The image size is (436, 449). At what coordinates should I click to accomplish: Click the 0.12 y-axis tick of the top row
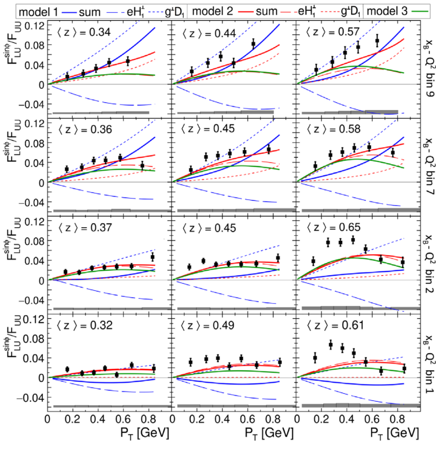click(x=35, y=25)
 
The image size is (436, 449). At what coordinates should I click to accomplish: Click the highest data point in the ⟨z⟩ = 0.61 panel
click(x=331, y=345)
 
